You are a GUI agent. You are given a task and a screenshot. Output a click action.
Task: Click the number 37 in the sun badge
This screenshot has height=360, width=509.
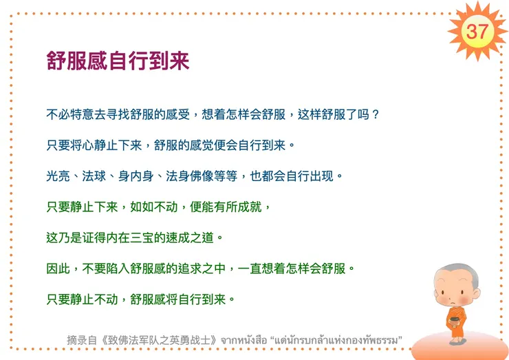pyautogui.click(x=477, y=30)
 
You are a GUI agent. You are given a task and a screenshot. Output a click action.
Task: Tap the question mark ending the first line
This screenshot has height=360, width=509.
pyautogui.click(x=375, y=114)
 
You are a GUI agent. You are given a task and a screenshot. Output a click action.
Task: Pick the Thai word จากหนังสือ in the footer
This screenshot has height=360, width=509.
pyautogui.click(x=245, y=339)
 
